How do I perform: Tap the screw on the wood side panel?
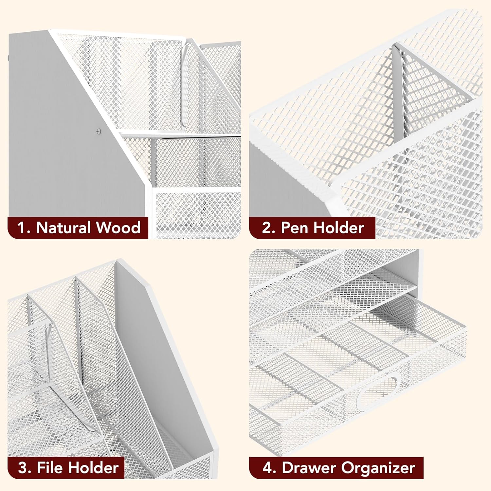[x=99, y=131]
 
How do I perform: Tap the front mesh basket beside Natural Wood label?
[x=198, y=213]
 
